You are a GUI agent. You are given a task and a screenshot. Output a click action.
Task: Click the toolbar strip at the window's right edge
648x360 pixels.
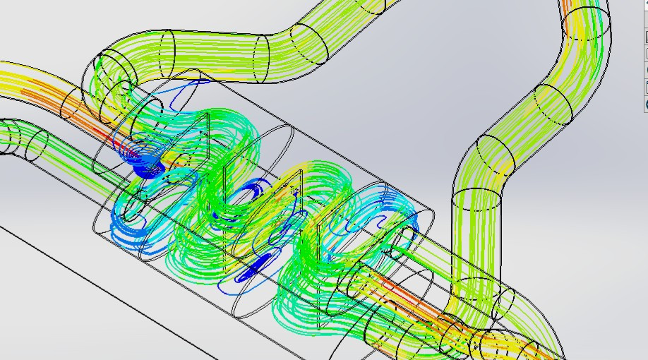pyautogui.click(x=644, y=56)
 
